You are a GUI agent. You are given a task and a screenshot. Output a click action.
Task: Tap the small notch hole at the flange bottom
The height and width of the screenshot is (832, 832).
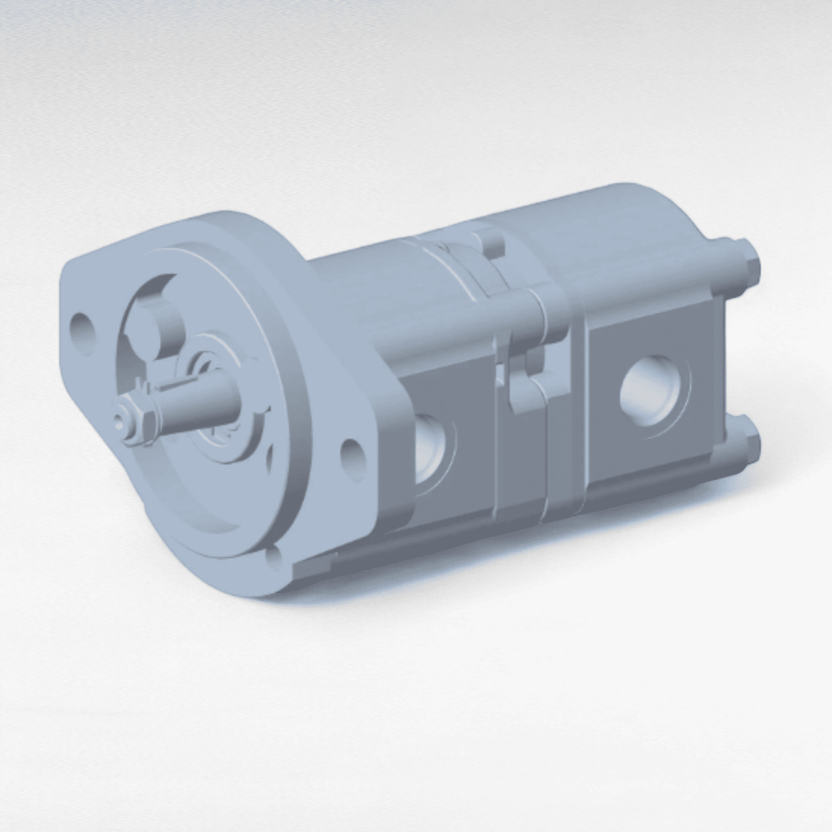point(277,555)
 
